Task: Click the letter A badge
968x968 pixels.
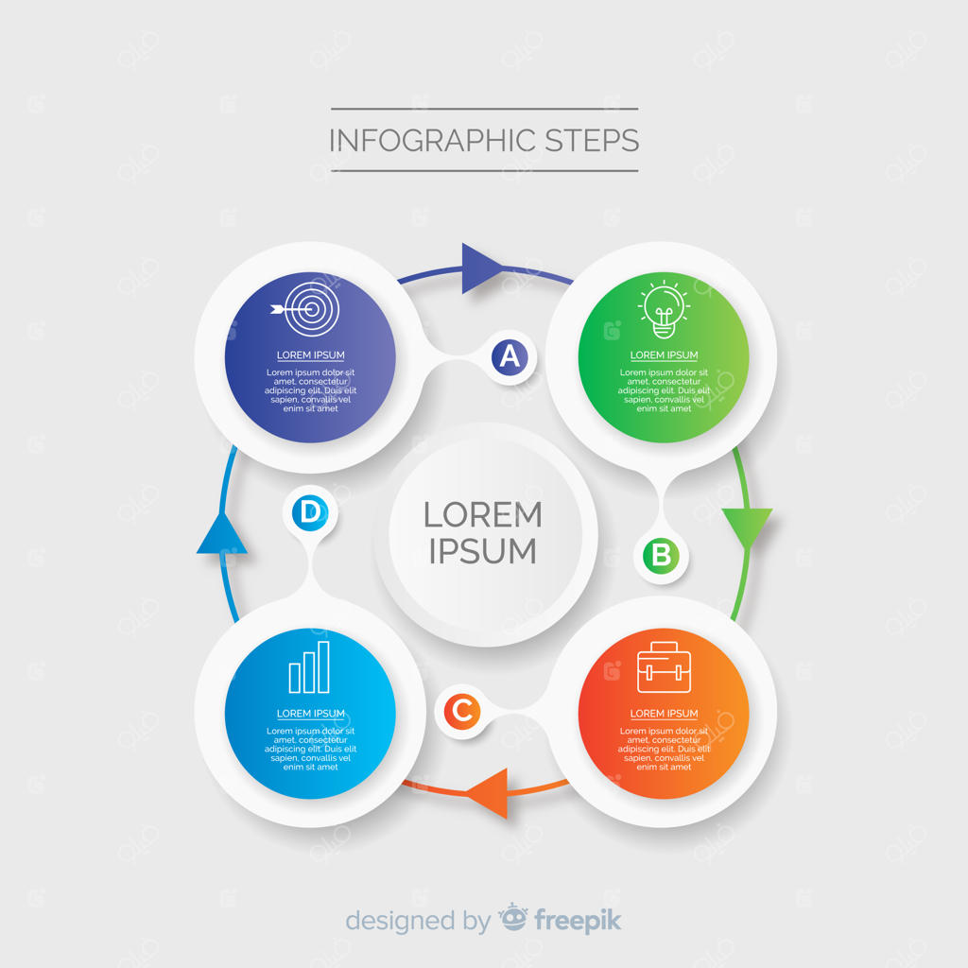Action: pyautogui.click(x=510, y=356)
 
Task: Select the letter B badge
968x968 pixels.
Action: pyautogui.click(x=661, y=555)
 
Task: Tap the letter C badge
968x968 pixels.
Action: pyautogui.click(x=461, y=710)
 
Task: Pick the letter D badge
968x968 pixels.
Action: pyautogui.click(x=309, y=513)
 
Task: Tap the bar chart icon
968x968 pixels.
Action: pyautogui.click(x=309, y=667)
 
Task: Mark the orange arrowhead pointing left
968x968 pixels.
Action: pyautogui.click(x=489, y=792)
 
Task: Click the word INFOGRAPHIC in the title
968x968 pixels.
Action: pyautogui.click(x=430, y=141)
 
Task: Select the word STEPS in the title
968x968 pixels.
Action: pyautogui.click(x=592, y=141)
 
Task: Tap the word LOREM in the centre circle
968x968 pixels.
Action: pyautogui.click(x=482, y=515)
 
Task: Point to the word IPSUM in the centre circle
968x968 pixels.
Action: pyautogui.click(x=482, y=551)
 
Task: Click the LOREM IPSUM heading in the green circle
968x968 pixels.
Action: pyautogui.click(x=664, y=355)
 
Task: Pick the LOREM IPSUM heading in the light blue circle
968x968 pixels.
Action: pyautogui.click(x=310, y=714)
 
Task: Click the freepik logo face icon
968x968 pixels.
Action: pyautogui.click(x=513, y=917)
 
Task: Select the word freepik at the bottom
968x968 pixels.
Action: pyautogui.click(x=578, y=920)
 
